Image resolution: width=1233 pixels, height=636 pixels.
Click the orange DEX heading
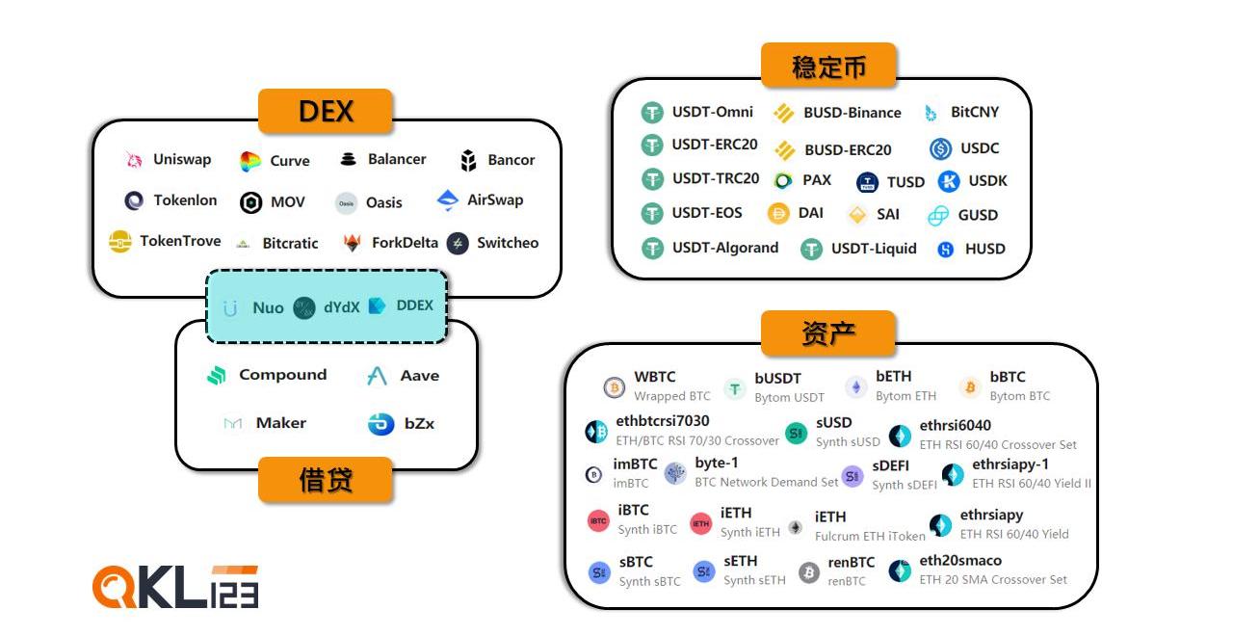pyautogui.click(x=326, y=111)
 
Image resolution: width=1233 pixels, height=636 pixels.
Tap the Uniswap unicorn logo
pyautogui.click(x=134, y=160)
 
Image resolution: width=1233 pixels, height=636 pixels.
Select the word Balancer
pyautogui.click(x=397, y=159)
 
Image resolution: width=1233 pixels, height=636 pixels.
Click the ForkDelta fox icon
pyautogui.click(x=353, y=243)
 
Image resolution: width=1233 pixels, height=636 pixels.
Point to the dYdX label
pyautogui.click(x=342, y=307)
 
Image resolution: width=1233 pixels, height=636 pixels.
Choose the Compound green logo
pyautogui.click(x=217, y=376)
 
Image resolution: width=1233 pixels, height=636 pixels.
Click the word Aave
pyautogui.click(x=420, y=376)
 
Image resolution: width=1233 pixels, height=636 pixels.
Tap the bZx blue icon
pyautogui.click(x=381, y=424)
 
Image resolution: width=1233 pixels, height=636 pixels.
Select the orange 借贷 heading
pyautogui.click(x=326, y=480)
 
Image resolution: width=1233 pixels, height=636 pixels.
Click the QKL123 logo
pyautogui.click(x=175, y=587)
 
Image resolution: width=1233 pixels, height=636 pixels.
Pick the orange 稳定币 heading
pyautogui.click(x=828, y=66)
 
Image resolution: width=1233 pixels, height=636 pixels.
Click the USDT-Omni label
pyautogui.click(x=713, y=112)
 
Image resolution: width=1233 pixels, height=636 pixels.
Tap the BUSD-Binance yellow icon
pyautogui.click(x=784, y=114)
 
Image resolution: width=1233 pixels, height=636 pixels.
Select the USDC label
pyautogui.click(x=980, y=148)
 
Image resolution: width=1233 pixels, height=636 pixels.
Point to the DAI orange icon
pyautogui.click(x=779, y=213)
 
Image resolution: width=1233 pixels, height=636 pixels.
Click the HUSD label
pyautogui.click(x=985, y=249)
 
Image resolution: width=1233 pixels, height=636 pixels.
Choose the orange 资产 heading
pyautogui.click(x=828, y=333)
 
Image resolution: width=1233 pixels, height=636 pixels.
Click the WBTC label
pyautogui.click(x=655, y=377)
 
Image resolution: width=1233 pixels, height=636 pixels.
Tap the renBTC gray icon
pyautogui.click(x=809, y=572)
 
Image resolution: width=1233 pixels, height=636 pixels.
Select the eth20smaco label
pyautogui.click(x=960, y=561)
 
